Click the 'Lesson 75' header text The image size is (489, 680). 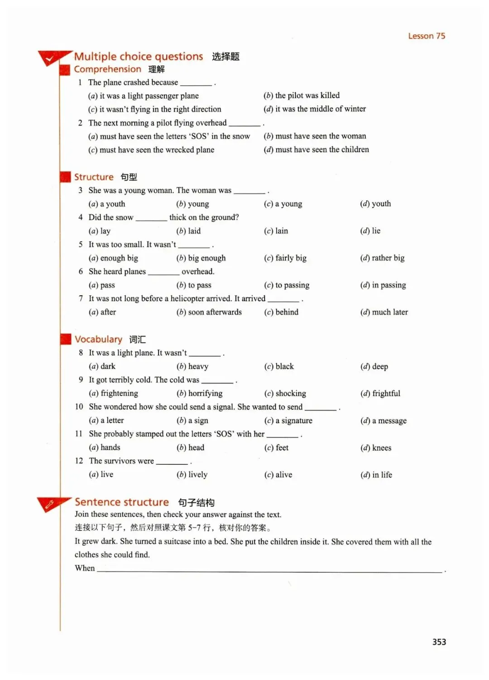click(427, 36)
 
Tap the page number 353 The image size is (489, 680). click(439, 642)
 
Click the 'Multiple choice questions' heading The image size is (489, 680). click(139, 57)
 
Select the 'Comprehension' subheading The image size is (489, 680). click(108, 69)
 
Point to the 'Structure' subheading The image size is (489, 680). click(94, 177)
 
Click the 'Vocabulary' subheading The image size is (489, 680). click(98, 339)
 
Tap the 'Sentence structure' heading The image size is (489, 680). click(122, 502)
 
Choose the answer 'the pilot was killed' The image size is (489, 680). click(307, 95)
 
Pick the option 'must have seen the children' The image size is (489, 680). click(321, 150)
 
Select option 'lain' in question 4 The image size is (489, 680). click(281, 231)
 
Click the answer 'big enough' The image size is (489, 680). click(206, 258)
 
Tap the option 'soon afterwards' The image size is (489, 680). click(215, 312)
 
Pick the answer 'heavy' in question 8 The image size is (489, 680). click(198, 366)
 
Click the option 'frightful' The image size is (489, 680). click(386, 393)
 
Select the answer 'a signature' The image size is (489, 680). click(293, 420)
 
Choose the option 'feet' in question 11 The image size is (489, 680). click(282, 448)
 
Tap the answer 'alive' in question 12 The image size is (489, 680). click(283, 475)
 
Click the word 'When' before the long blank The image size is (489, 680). click(85, 568)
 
